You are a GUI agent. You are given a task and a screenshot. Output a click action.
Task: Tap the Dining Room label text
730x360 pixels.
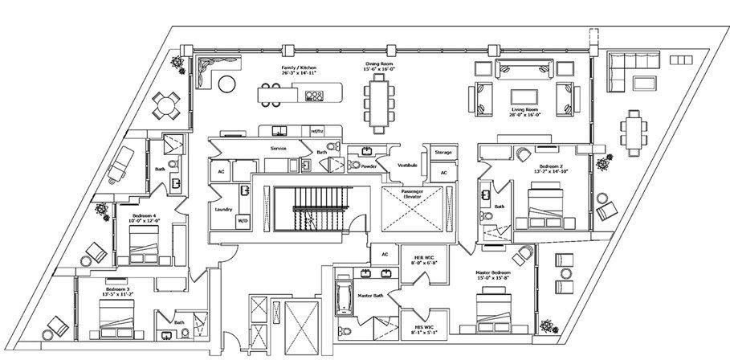click(x=379, y=69)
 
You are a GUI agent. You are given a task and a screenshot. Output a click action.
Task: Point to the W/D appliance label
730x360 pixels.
click(x=243, y=219)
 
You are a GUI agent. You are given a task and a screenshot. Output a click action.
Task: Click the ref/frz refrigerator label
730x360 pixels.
click(x=318, y=130)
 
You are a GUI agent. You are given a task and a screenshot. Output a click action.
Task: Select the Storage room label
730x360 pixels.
click(x=442, y=152)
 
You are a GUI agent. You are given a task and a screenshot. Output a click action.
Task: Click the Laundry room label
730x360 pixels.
click(x=224, y=209)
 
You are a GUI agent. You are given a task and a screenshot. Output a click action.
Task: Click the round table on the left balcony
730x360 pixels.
click(x=166, y=103)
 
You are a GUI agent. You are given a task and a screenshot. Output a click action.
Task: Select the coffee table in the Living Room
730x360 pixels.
click(x=524, y=99)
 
